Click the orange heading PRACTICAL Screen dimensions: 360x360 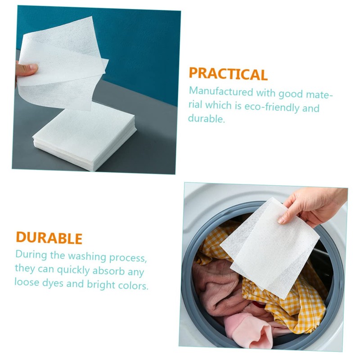click(x=228, y=74)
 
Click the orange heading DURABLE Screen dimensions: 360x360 click(x=49, y=238)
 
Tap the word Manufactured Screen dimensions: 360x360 click(x=221, y=92)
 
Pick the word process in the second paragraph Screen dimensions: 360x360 click(x=125, y=256)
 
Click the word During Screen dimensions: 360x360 click(x=32, y=254)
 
